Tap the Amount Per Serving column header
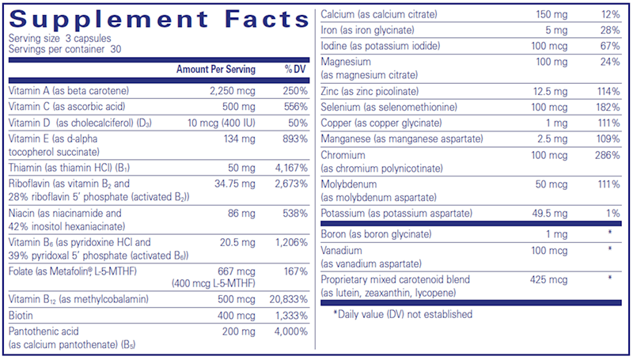click(216, 70)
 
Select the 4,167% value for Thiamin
click(290, 168)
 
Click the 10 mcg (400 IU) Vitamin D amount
click(218, 122)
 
